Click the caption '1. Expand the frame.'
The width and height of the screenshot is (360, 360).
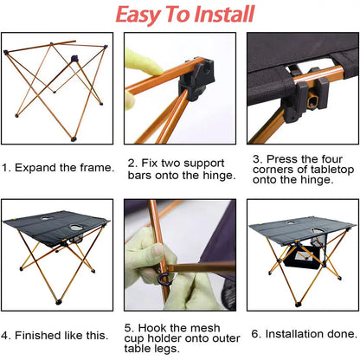click(57, 166)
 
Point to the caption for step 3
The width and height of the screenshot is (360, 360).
click(303, 171)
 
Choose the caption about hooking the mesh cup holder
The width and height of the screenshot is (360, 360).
click(180, 338)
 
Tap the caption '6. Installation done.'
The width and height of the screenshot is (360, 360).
click(303, 332)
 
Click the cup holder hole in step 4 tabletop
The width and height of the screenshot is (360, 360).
click(74, 229)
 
